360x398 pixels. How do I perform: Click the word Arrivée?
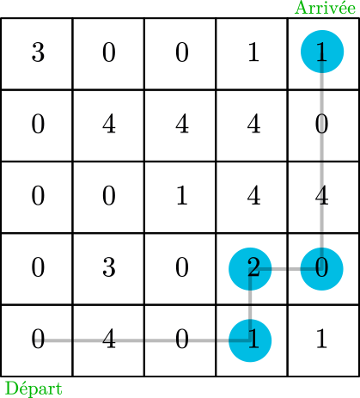[325, 8]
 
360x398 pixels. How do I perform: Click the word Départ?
[34, 389]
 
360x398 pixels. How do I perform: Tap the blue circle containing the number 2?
[250, 269]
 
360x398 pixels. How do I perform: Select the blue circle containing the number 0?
[321, 269]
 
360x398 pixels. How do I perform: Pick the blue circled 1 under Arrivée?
[322, 52]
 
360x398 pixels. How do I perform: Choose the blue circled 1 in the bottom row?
[250, 340]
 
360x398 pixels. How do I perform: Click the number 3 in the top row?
[38, 52]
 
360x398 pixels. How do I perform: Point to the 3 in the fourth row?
[109, 267]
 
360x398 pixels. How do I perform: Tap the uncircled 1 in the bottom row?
[321, 339]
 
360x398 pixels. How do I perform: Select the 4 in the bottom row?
[109, 339]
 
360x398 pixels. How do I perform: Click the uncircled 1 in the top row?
[253, 52]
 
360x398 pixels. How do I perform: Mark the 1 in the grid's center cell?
[182, 195]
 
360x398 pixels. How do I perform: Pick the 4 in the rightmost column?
[321, 195]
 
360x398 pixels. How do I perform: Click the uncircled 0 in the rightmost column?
[321, 124]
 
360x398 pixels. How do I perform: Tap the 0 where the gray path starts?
[38, 339]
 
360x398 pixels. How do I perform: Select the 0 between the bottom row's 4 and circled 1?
[182, 339]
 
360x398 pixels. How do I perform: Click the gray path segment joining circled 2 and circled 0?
[286, 269]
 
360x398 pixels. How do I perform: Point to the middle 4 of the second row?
[182, 124]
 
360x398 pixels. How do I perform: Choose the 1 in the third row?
[182, 195]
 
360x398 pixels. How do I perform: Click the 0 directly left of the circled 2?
[182, 267]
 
